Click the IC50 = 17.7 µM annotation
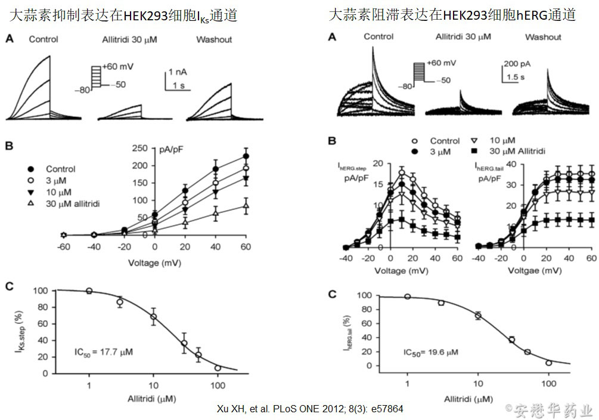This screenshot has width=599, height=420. pyautogui.click(x=104, y=352)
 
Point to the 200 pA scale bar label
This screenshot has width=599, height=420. pyautogui.click(x=516, y=63)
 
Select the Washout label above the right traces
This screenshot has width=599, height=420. pyautogui.click(x=543, y=37)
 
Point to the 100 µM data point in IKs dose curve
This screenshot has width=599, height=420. pyautogui.click(x=218, y=368)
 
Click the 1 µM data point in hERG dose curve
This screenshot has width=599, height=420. pyautogui.click(x=408, y=297)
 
